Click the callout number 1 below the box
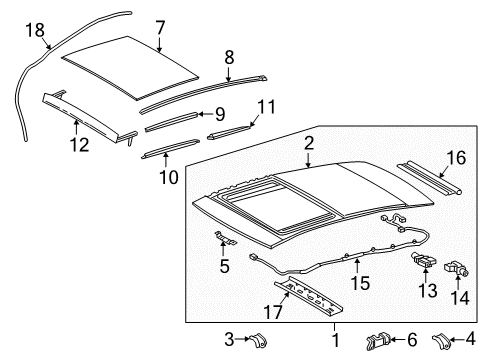tap(335, 340)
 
